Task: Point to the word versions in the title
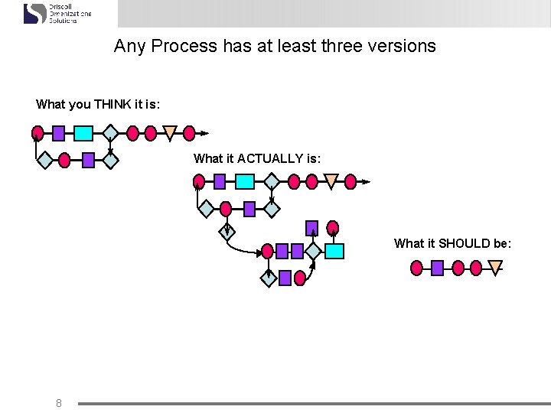pyautogui.click(x=403, y=46)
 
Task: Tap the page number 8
pyautogui.click(x=59, y=402)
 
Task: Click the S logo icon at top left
pyautogui.click(x=35, y=13)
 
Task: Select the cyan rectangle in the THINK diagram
pyautogui.click(x=83, y=134)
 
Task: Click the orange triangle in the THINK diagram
pyautogui.click(x=170, y=133)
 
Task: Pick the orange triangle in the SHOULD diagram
pyautogui.click(x=496, y=268)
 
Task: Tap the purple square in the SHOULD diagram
pyautogui.click(x=437, y=268)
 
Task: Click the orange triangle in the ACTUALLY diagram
pyautogui.click(x=331, y=181)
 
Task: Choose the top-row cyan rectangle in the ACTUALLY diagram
pyautogui.click(x=244, y=181)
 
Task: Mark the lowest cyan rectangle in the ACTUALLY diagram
pyautogui.click(x=334, y=251)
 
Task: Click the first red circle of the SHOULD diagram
pyautogui.click(x=417, y=268)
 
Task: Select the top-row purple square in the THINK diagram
pyautogui.click(x=59, y=134)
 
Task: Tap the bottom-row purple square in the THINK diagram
pyautogui.click(x=88, y=160)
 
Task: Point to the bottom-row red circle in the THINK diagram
pyautogui.click(x=64, y=160)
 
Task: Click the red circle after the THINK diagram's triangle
pyautogui.click(x=190, y=134)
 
